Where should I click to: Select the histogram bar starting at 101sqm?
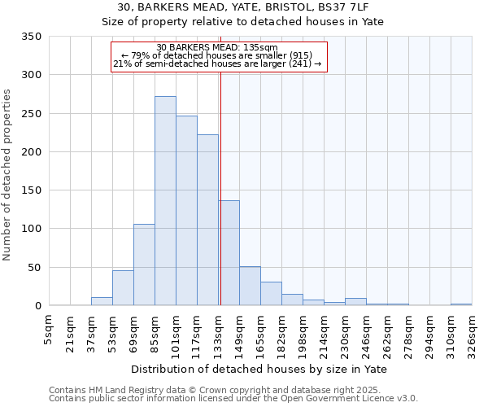[186, 211]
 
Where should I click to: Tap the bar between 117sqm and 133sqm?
[207, 220]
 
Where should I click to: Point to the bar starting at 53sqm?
[123, 288]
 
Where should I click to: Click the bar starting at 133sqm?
[229, 253]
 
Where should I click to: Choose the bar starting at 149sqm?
[250, 287]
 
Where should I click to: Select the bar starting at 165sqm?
[271, 294]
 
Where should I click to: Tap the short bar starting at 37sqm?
[102, 301]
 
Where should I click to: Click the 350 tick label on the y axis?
[31, 37]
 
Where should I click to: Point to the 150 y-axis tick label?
[31, 190]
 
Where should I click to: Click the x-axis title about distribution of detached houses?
[259, 369]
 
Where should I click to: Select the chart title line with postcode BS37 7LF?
[243, 7]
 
